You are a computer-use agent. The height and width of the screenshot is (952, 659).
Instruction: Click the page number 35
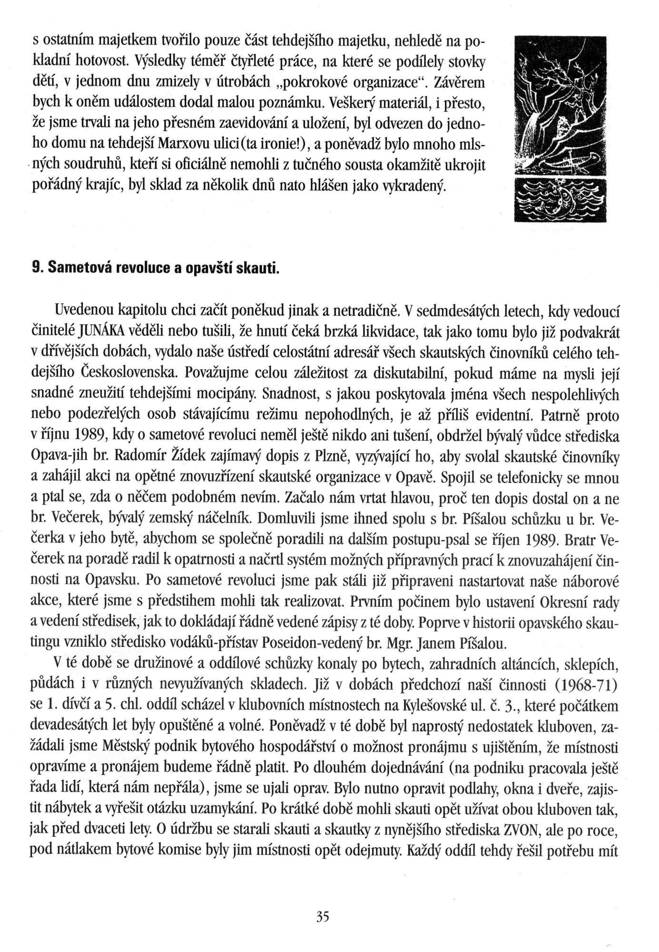coord(323,916)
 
